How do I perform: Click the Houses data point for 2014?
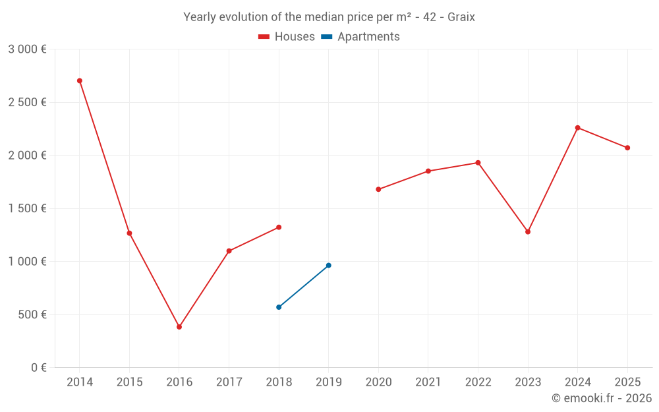point(80,81)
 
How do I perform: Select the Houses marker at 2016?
point(179,327)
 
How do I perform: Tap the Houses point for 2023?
point(528,232)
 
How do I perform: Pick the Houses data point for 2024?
point(578,128)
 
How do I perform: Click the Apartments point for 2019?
point(329,266)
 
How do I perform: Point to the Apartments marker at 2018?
point(279,307)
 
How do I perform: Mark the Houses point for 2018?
point(279,227)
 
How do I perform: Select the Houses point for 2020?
point(378,189)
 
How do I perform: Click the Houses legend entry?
point(287,37)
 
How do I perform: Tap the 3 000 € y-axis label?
point(27,49)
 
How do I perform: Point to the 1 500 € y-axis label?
point(27,208)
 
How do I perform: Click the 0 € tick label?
point(38,368)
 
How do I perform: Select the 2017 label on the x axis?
point(229,382)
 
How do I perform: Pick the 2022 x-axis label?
point(478,382)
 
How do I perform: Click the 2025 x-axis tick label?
point(627,382)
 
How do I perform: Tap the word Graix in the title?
point(461,17)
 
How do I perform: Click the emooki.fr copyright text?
point(602,398)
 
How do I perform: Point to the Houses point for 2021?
point(428,171)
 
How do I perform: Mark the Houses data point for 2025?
point(627,148)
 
